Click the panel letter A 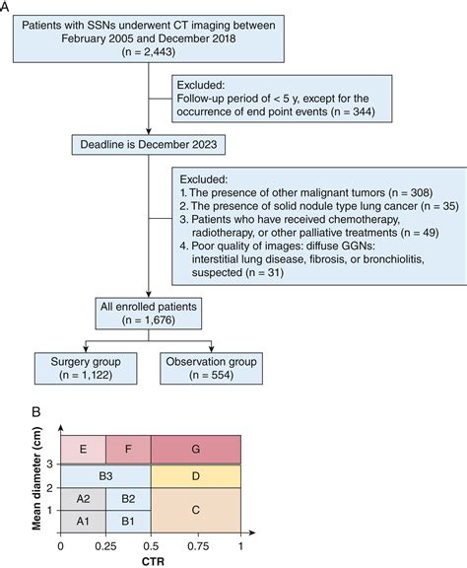pyautogui.click(x=7, y=7)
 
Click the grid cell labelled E pyautogui.click(x=83, y=450)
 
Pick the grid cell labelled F pyautogui.click(x=128, y=450)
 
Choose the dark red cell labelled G pyautogui.click(x=196, y=450)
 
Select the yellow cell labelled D pyautogui.click(x=196, y=476)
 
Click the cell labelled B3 pyautogui.click(x=105, y=476)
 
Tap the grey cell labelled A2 pyautogui.click(x=83, y=499)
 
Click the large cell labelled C pyautogui.click(x=196, y=510)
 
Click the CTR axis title pyautogui.click(x=150, y=559)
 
